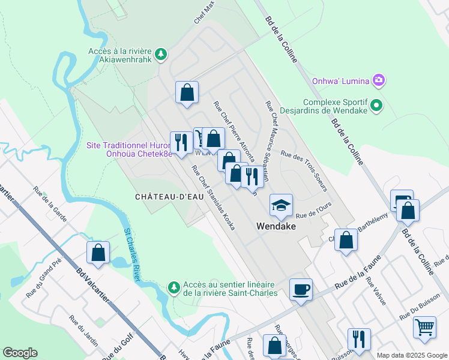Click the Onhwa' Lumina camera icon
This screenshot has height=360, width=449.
(378, 80)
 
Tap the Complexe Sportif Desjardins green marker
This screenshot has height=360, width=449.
(376, 106)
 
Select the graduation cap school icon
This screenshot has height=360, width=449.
(280, 205)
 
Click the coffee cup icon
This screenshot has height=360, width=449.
(301, 289)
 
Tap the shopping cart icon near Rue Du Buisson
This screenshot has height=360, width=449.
(424, 328)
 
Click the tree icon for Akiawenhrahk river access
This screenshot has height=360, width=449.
(161, 55)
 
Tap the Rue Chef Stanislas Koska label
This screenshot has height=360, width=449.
(212, 197)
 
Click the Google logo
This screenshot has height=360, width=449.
(20, 353)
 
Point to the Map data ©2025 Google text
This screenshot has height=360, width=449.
(411, 355)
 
